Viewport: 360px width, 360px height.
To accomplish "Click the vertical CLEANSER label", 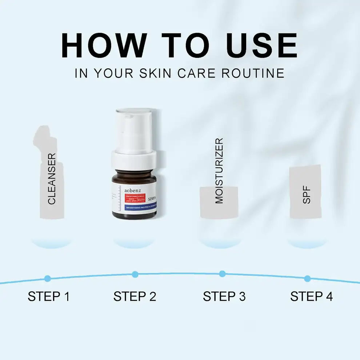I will (x=52, y=179).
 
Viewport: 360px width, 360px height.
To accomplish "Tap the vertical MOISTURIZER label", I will (x=219, y=171).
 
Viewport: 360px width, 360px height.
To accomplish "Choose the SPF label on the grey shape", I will (x=307, y=195).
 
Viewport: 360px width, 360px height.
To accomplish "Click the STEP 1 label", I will (x=48, y=296).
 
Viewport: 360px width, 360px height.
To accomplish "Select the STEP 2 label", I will (x=135, y=296).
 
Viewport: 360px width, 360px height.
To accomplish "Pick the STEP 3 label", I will (x=224, y=296).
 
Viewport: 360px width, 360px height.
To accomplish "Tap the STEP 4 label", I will (x=311, y=296).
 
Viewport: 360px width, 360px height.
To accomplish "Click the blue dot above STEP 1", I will (x=47, y=279).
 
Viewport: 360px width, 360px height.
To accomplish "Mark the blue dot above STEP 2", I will (x=135, y=274).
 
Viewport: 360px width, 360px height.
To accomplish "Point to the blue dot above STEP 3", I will (x=222, y=274).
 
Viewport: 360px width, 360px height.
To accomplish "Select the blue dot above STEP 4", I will (x=308, y=279).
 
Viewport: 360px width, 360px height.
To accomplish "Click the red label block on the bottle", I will (x=135, y=199).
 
